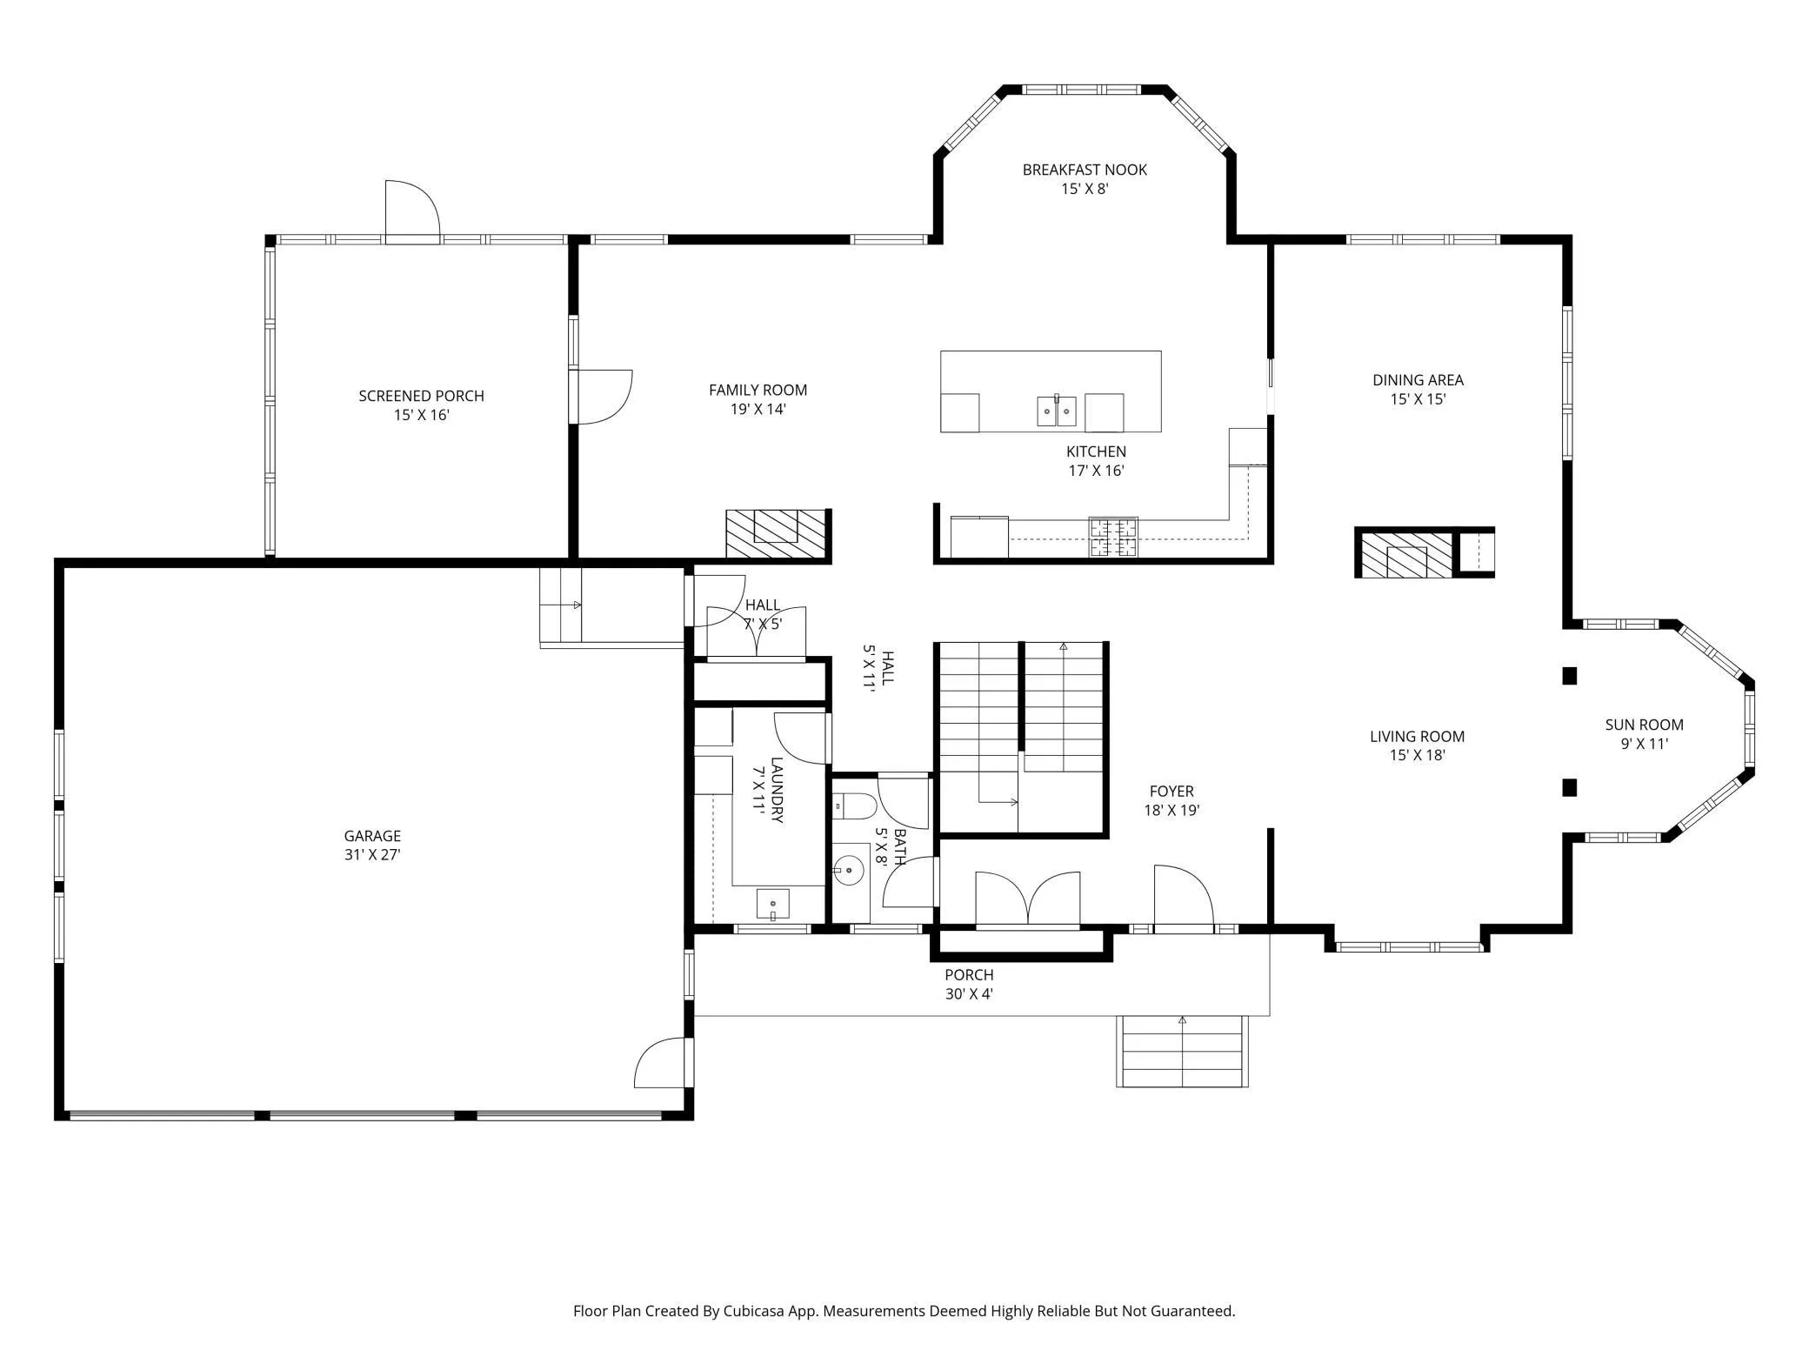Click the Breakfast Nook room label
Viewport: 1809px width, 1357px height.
tap(1085, 170)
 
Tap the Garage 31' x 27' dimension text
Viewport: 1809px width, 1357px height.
tap(372, 855)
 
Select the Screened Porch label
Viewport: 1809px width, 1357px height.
tap(421, 396)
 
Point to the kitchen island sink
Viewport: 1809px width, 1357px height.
tap(1057, 411)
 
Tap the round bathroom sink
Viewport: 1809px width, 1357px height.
tap(849, 870)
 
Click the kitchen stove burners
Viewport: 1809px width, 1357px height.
tap(1113, 537)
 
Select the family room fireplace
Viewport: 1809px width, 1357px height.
tap(776, 533)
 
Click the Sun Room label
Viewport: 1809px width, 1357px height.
tap(1644, 725)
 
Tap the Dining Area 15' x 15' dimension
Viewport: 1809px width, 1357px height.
tap(1418, 400)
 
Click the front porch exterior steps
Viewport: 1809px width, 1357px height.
tap(1182, 1051)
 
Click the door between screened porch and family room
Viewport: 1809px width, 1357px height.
tap(601, 397)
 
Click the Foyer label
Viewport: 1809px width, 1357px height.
tap(1172, 792)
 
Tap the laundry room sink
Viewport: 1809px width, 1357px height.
tap(772, 904)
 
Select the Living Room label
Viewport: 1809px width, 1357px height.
tap(1417, 737)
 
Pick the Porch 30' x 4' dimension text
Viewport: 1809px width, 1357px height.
tap(969, 994)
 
